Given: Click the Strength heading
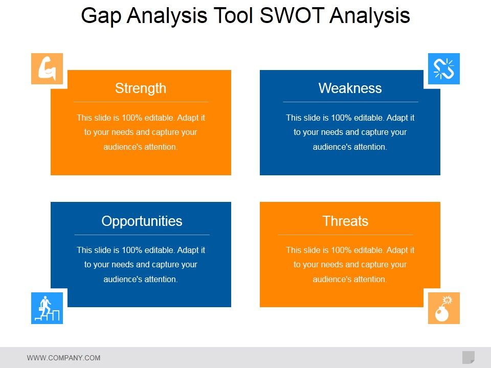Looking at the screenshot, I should click(141, 88).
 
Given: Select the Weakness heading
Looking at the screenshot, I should click(350, 88).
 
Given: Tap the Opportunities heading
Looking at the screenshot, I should click(142, 221).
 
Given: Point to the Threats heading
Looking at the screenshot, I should click(345, 221).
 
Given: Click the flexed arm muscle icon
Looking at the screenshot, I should click(47, 68).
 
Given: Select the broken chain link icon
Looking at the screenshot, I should click(443, 68).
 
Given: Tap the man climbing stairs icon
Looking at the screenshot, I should click(47, 308).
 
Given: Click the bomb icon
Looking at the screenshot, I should click(443, 308).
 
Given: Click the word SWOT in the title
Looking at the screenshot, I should click(292, 16).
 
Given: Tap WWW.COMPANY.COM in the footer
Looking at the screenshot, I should click(63, 358).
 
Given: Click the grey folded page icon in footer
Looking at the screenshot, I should click(468, 357).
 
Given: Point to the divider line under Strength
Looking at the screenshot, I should click(141, 102).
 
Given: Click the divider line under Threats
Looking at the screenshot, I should click(345, 235).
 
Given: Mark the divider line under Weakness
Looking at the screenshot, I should click(350, 102).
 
